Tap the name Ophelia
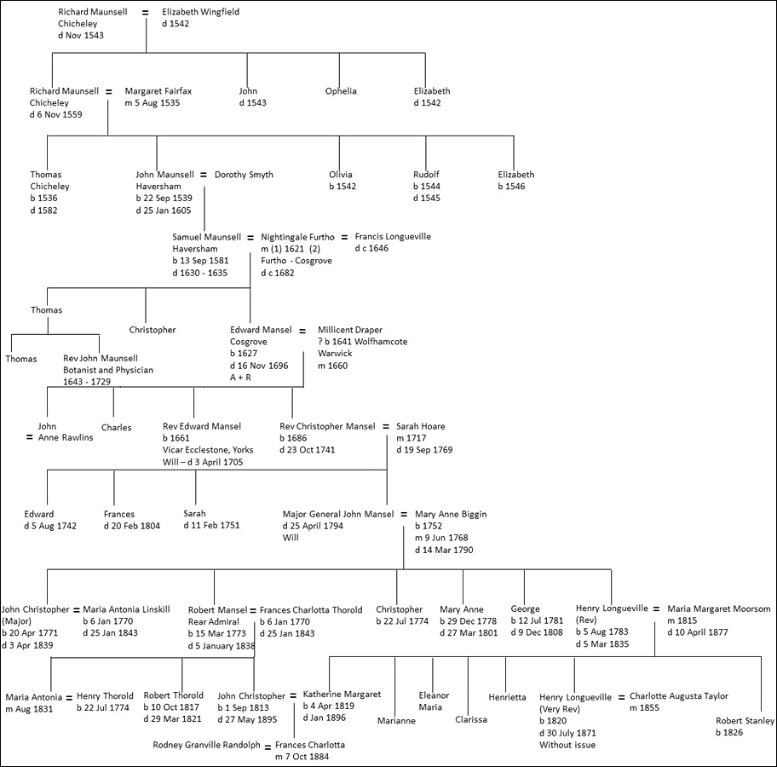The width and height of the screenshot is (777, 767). click(341, 91)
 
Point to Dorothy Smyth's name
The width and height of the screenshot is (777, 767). click(244, 175)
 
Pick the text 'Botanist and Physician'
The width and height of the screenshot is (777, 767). click(108, 371)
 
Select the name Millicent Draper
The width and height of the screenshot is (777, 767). click(350, 330)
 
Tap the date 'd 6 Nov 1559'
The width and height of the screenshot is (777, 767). click(56, 115)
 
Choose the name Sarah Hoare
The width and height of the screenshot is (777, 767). click(421, 426)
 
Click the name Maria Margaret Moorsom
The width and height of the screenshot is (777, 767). click(719, 609)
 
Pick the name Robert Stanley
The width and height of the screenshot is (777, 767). click(745, 720)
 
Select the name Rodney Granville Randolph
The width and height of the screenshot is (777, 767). click(207, 745)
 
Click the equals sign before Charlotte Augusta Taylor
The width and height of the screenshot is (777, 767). click(621, 696)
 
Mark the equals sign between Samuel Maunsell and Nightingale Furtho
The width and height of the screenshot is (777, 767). click(250, 237)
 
